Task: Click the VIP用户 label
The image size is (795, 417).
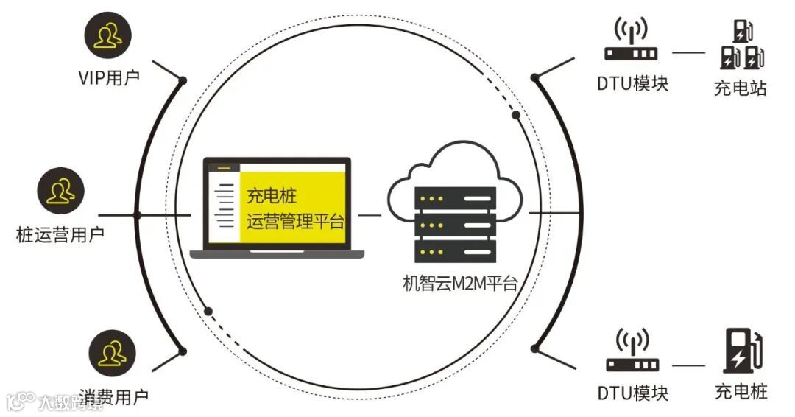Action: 108,77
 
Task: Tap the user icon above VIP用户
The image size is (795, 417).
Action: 108,34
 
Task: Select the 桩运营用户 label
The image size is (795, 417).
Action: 60,234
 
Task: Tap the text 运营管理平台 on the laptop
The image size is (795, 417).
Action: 295,221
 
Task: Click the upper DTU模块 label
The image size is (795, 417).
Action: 632,83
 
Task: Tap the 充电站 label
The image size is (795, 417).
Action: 741,88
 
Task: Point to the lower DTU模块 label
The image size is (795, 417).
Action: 632,393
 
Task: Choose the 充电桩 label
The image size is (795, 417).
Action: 741,391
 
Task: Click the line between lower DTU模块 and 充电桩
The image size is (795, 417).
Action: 688,365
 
